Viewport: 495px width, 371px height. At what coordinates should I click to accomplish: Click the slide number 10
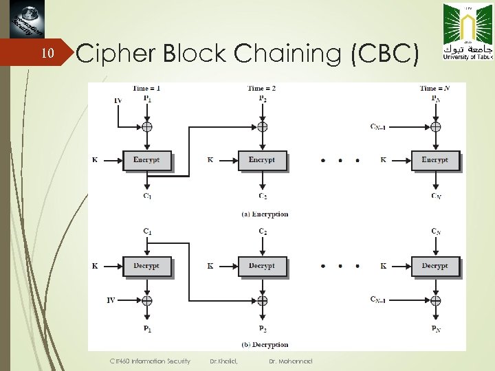click(47, 54)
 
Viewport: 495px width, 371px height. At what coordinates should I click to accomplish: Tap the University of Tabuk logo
click(467, 32)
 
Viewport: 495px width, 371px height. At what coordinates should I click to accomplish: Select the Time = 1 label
click(146, 88)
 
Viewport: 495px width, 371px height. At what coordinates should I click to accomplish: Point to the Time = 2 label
click(261, 88)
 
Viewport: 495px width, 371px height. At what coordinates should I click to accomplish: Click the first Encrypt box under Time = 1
click(146, 160)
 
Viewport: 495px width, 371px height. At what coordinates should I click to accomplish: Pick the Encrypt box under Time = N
click(434, 160)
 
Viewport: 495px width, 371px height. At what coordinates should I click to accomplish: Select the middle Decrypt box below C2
click(262, 266)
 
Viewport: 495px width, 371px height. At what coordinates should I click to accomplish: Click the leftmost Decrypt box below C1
click(146, 266)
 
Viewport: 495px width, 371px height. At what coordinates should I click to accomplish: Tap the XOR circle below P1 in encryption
click(146, 127)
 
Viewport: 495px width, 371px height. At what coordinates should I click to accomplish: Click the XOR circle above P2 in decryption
click(262, 300)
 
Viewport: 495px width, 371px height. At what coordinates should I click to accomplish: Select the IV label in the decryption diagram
click(111, 300)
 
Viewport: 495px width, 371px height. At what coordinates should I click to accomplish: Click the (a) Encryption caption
click(265, 214)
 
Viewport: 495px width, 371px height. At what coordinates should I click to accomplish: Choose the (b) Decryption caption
click(265, 344)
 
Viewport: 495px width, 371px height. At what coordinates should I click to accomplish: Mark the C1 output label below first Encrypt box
click(147, 196)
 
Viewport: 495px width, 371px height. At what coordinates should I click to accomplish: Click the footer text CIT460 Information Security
click(151, 360)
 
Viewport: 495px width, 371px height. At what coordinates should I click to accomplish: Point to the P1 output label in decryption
click(147, 330)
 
